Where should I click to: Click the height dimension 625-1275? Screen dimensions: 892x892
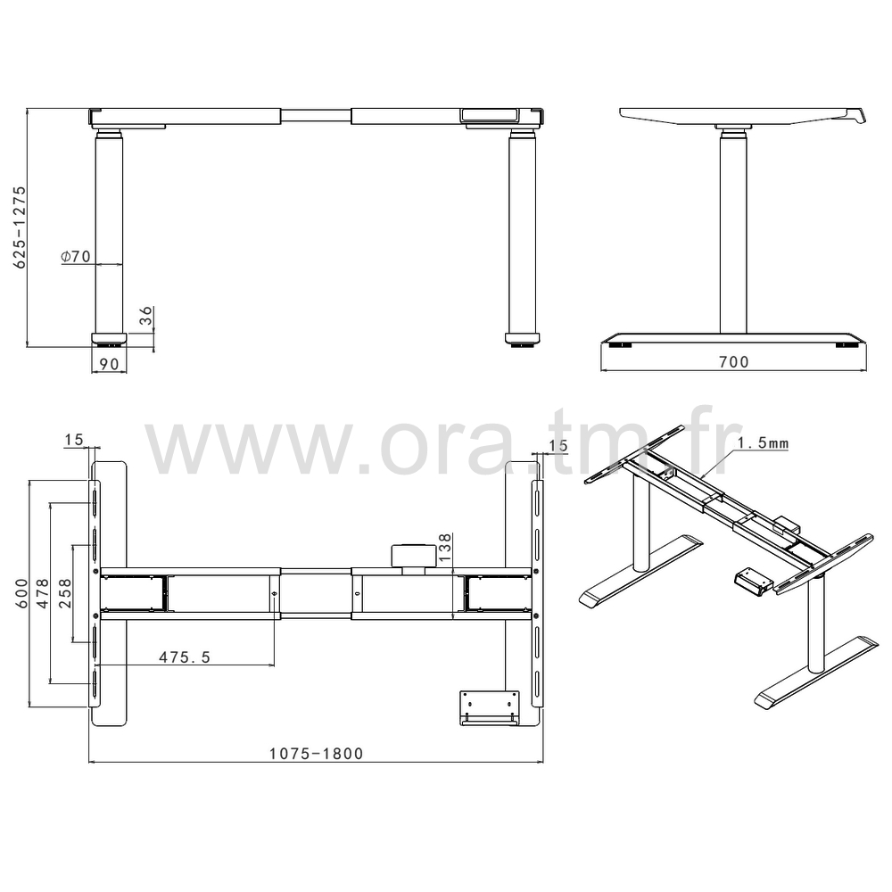point(20,227)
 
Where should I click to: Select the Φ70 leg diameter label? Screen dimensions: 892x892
point(76,257)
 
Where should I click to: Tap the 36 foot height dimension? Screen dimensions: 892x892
point(146,316)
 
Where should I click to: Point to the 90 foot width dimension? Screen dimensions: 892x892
point(109,364)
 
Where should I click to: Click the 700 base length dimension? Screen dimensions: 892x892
point(734,362)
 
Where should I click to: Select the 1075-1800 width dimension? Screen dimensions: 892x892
point(317,754)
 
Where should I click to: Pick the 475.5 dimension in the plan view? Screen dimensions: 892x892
point(185,657)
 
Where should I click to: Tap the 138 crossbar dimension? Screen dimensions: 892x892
point(445,548)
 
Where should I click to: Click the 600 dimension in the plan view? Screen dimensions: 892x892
point(21,593)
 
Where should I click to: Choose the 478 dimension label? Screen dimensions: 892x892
point(43,593)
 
